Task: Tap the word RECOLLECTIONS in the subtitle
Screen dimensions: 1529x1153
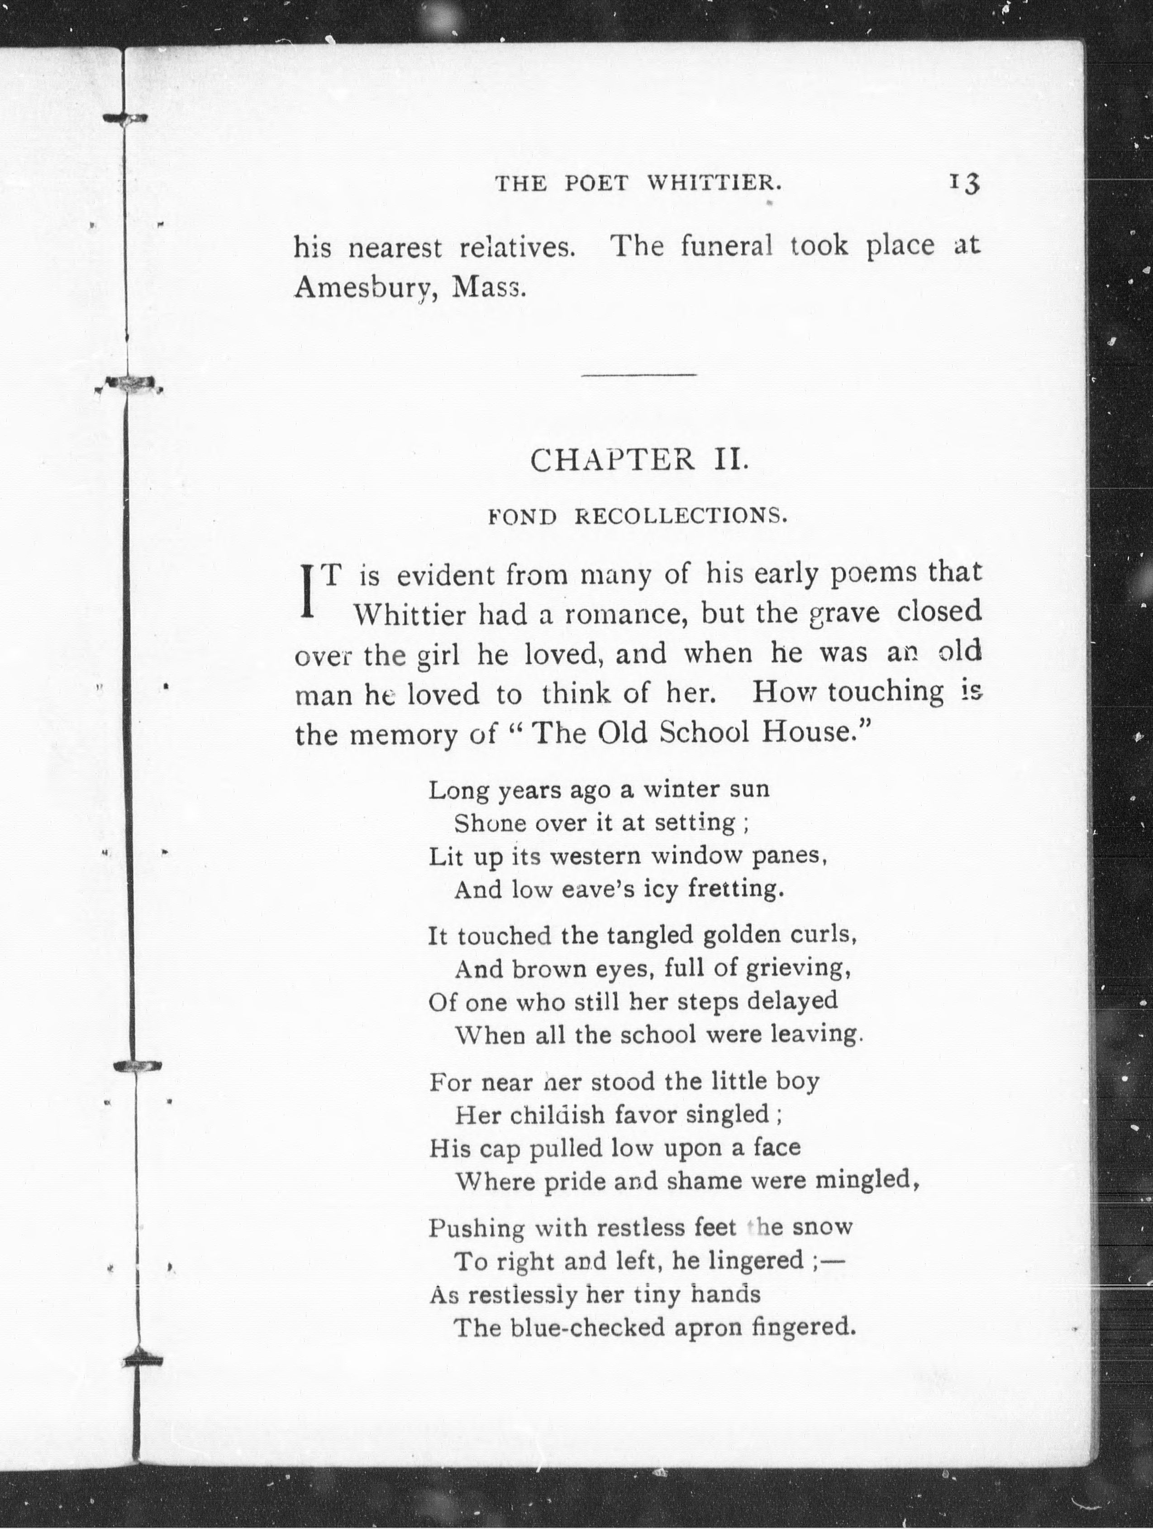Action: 681,516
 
